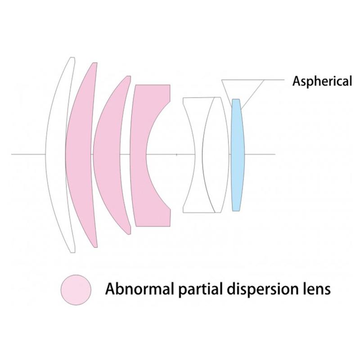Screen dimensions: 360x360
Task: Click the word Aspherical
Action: point(322,81)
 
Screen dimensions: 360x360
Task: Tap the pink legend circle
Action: point(76,290)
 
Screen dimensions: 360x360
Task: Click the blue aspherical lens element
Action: point(238,155)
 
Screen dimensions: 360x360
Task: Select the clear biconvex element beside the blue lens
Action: point(216,155)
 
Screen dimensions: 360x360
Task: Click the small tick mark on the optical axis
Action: point(176,154)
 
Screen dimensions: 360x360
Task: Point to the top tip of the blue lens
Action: point(236,99)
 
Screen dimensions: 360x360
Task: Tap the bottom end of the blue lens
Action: point(236,211)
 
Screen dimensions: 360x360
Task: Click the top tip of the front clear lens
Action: point(72,57)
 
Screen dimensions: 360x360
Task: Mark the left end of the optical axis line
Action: point(12,154)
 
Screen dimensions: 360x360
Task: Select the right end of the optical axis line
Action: point(275,154)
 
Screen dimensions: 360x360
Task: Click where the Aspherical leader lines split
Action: point(264,80)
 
